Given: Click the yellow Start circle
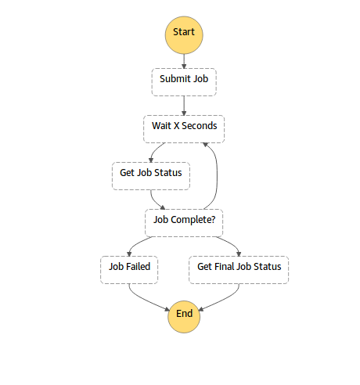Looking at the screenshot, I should [184, 34].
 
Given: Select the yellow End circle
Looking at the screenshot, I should [184, 315].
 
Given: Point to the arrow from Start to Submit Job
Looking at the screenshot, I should [184, 59].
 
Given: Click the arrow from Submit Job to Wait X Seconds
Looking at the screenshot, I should [184, 106].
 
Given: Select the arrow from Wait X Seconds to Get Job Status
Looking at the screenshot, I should [159, 150].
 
